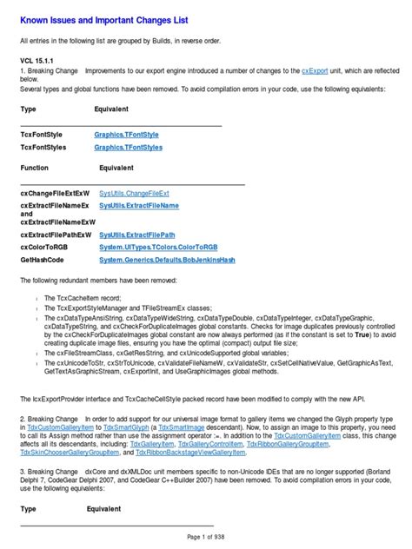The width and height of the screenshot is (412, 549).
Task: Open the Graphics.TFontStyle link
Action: pyautogui.click(x=127, y=136)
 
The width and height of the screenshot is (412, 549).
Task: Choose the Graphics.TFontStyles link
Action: pyautogui.click(x=129, y=148)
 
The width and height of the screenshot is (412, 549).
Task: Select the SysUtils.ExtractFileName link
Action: pyautogui.click(x=139, y=206)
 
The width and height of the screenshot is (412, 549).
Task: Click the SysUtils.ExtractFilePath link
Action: pyautogui.click(x=137, y=235)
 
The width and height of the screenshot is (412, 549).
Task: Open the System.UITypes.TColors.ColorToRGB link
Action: pyautogui.click(x=157, y=247)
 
